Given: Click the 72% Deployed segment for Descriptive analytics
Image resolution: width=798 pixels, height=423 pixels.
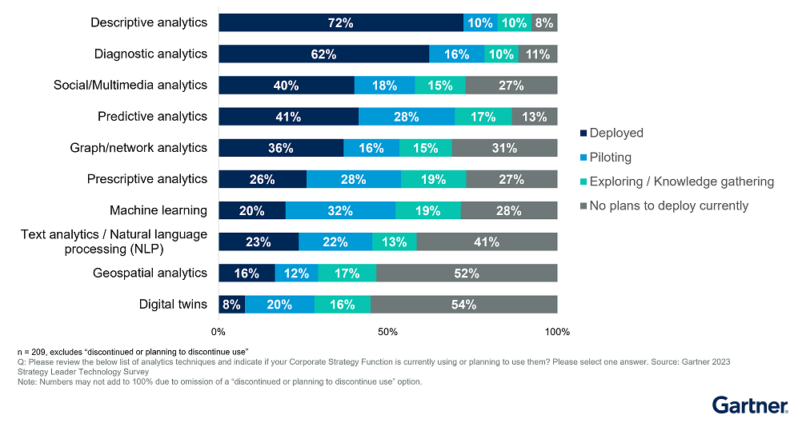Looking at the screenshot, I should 340,23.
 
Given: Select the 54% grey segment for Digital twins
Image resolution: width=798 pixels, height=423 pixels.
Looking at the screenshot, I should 463,305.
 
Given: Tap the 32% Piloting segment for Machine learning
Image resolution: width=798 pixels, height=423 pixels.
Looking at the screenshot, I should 340,211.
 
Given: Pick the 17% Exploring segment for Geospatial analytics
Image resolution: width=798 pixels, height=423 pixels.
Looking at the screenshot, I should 347,273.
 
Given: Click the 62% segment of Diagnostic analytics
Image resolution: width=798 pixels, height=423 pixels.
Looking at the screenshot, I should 323,54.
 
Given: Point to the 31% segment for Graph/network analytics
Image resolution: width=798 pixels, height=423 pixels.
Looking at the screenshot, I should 504,148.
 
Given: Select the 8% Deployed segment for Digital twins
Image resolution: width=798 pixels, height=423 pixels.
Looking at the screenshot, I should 231,305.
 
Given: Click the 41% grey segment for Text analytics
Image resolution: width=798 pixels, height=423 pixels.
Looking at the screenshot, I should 487,242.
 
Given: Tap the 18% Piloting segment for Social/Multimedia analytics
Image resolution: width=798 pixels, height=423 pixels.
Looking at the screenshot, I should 384,86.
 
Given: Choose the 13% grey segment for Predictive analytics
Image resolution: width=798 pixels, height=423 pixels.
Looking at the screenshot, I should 534,117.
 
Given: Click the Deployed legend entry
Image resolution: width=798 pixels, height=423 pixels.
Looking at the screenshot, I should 616,134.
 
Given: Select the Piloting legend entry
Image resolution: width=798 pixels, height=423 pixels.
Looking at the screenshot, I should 610,158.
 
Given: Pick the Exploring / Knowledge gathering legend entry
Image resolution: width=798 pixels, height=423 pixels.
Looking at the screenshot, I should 680,182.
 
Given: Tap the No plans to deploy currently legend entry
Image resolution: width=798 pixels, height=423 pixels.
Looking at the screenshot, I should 668,206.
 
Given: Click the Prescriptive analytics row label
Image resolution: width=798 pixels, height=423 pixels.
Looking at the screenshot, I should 147,179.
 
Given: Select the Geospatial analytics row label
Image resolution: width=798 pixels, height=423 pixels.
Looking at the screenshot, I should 150,273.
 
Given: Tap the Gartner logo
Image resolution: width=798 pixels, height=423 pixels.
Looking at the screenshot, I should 749,405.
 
